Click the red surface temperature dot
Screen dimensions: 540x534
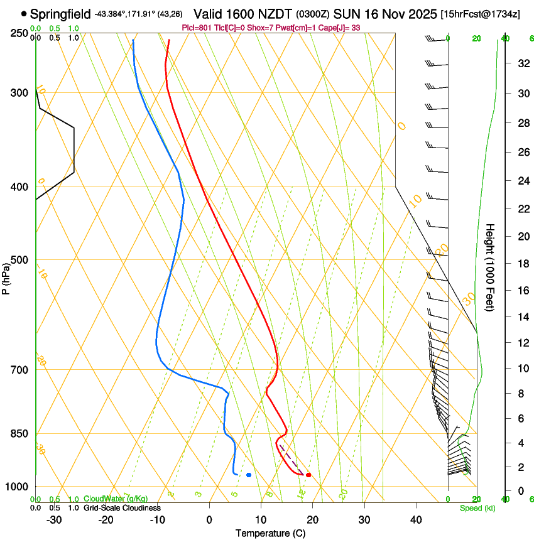coord(308,475)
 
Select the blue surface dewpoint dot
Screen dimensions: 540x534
coord(249,475)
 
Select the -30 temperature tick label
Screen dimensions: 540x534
coord(54,520)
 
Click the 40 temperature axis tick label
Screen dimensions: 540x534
coord(416,520)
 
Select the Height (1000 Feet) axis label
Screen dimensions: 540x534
coord(490,267)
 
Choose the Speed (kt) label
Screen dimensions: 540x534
coord(477,508)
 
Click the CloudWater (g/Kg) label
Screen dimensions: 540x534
coord(116,499)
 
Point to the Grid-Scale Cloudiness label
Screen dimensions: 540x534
coord(122,508)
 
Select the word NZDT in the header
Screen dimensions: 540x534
coord(276,14)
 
